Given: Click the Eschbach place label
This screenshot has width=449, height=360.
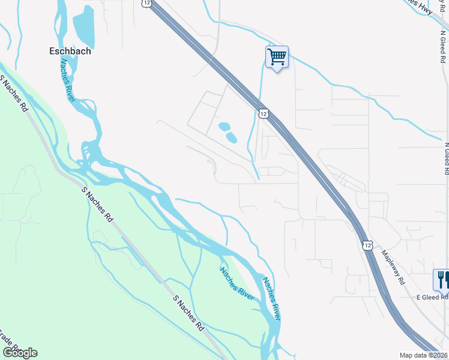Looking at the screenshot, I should click(70, 51).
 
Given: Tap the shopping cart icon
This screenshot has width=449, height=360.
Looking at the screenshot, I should click(277, 58).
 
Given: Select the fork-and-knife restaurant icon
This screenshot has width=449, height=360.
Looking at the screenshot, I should click(442, 280).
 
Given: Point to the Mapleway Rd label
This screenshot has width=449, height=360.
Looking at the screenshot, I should click(393, 267).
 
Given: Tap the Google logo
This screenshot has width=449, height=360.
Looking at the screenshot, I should click(20, 353).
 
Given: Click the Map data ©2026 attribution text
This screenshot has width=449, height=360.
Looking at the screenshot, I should click(423, 355).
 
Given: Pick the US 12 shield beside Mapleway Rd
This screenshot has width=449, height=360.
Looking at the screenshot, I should click(367, 245).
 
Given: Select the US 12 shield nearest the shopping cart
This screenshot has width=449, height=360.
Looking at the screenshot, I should click(264, 113).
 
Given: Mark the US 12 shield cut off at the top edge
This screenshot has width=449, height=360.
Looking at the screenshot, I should click(147, 3).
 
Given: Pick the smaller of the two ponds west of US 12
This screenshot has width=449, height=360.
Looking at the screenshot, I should click(223, 127).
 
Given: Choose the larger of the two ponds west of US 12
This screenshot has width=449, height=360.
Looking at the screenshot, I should click(231, 137).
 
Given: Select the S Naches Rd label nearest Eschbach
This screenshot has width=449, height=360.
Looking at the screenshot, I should click(15, 94).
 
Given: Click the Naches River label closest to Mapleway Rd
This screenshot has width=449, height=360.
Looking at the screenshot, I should click(270, 295).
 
